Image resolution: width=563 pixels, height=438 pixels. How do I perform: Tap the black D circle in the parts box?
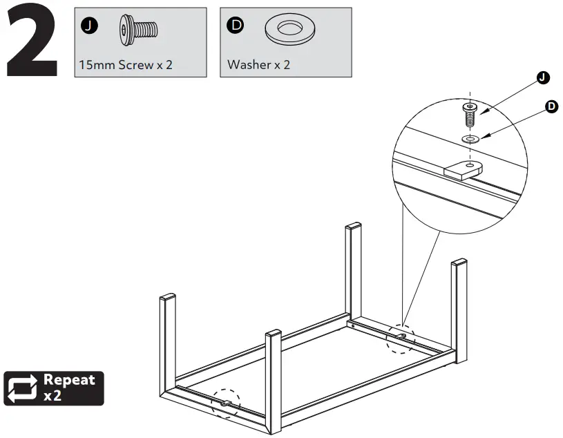(x=236, y=26)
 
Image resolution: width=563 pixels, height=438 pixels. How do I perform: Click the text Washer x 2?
(x=259, y=65)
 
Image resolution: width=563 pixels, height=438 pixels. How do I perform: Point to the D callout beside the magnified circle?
(x=551, y=106)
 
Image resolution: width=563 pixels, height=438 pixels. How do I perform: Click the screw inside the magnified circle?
(x=470, y=114)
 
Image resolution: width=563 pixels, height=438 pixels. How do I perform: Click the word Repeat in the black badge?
(x=68, y=380)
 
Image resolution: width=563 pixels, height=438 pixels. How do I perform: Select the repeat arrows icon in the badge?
(x=22, y=388)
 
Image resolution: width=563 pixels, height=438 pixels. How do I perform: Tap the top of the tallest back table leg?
(x=353, y=227)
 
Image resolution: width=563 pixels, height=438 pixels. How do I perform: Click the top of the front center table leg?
(x=274, y=334)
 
